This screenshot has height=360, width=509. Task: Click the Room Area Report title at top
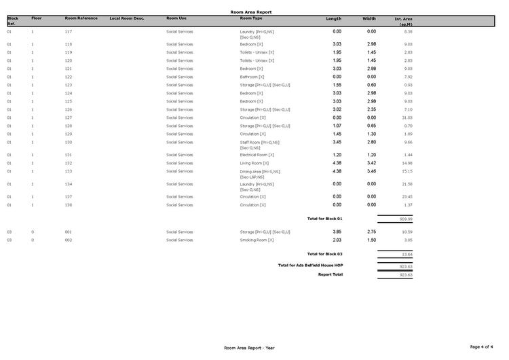251,12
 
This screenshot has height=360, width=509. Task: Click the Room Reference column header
81,18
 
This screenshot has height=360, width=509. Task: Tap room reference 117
69,32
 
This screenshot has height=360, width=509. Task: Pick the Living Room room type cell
254,163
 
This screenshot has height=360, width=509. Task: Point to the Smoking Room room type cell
257,240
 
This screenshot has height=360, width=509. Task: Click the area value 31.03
407,118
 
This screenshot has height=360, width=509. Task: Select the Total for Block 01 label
325,219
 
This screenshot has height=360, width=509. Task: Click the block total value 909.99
406,219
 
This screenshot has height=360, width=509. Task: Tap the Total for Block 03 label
325,254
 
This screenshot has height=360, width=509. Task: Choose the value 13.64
407,255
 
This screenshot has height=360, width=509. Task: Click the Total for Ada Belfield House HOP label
311,265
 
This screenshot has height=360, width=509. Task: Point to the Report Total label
331,274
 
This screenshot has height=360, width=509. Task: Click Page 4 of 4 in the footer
483,347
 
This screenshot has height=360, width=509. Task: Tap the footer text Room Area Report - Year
249,348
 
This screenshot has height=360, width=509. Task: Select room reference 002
69,240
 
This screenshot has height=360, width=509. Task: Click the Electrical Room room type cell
257,155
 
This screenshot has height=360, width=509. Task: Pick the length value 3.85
337,232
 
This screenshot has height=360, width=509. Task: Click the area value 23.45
407,197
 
